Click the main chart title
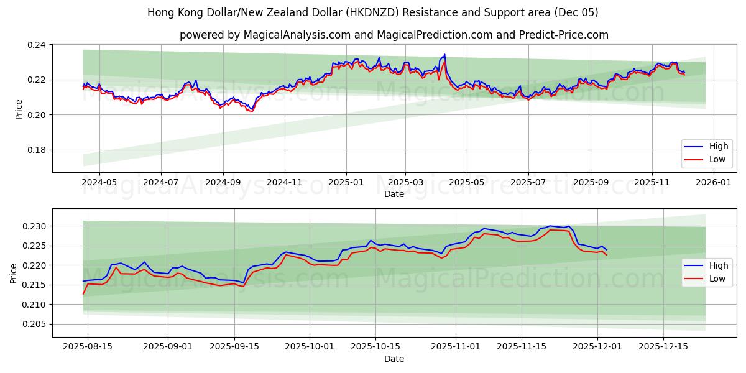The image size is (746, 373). pyautogui.click(x=373, y=12)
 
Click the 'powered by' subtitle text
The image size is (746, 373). pyautogui.click(x=394, y=35)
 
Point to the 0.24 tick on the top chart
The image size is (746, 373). pyautogui.click(x=37, y=45)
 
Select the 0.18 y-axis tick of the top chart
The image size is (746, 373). pyautogui.click(x=37, y=150)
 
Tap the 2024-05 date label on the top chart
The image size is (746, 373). pyautogui.click(x=99, y=183)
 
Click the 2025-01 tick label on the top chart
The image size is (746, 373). pyautogui.click(x=346, y=183)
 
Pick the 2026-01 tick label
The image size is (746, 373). pyautogui.click(x=713, y=183)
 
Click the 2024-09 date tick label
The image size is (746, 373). pyautogui.click(x=223, y=183)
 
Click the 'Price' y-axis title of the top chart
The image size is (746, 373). pyautogui.click(x=19, y=109)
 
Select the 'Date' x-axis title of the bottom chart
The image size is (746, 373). pyautogui.click(x=394, y=359)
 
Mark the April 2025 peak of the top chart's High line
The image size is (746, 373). pyautogui.click(x=444, y=55)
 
